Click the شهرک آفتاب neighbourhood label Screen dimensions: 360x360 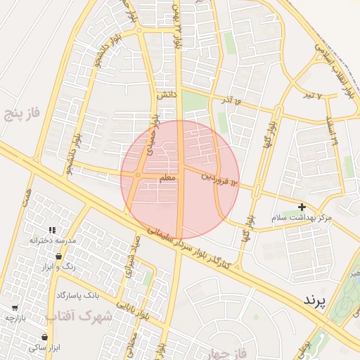coord(79,316)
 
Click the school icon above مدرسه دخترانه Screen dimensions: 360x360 coord(52,229)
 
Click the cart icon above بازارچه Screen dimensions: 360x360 coord(15,307)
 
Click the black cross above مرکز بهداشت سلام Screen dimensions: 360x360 coord(302,207)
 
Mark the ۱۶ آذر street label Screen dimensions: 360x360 coord(235,103)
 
